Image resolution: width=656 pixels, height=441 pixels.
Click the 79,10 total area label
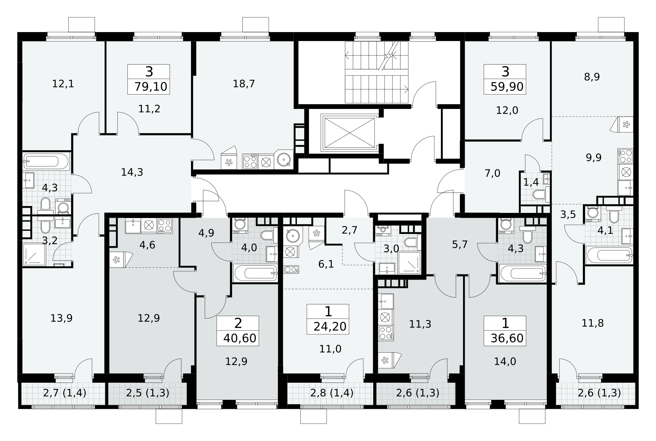tap(151, 87)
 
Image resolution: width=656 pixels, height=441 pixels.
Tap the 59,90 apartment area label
tap(507, 87)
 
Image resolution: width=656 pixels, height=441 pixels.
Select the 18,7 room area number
tap(244, 84)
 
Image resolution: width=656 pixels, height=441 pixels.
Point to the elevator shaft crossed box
tap(348, 133)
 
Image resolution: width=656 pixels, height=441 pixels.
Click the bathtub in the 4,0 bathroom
tap(255, 273)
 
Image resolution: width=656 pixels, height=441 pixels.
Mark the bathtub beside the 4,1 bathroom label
tap(609, 255)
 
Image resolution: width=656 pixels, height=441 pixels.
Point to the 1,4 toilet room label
tap(531, 182)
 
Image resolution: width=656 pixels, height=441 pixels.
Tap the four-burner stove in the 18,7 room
tap(250, 161)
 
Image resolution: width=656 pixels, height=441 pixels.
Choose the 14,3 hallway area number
tap(132, 172)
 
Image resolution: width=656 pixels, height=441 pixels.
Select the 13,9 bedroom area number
tap(61, 318)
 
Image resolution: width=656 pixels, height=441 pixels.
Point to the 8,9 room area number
tap(592, 77)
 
